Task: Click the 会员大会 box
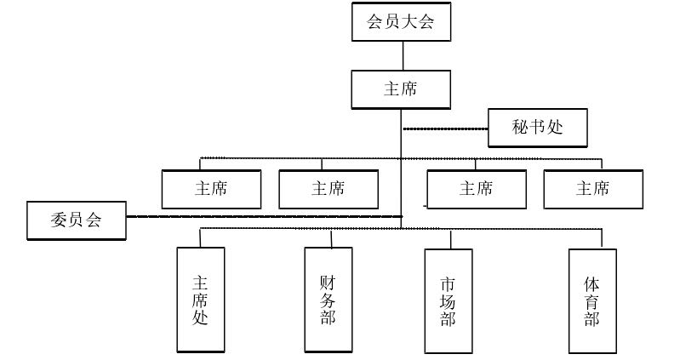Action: pos(401,22)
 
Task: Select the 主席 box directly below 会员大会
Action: pos(401,89)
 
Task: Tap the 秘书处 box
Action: pos(538,128)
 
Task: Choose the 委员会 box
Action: pos(76,220)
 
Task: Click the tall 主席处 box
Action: pos(201,300)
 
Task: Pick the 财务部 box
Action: pos(329,300)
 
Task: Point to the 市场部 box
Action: pos(448,300)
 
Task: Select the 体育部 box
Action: pos(592,300)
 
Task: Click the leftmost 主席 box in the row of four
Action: pos(211,189)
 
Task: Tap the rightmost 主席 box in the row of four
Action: pos(592,189)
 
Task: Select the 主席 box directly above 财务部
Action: pos(329,189)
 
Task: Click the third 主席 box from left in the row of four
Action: pos(476,189)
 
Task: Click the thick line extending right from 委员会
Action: pos(264,217)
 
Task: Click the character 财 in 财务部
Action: pos(329,280)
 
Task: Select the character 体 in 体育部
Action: pos(592,282)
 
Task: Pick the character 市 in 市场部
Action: pos(448,282)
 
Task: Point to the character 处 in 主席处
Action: pos(201,318)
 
